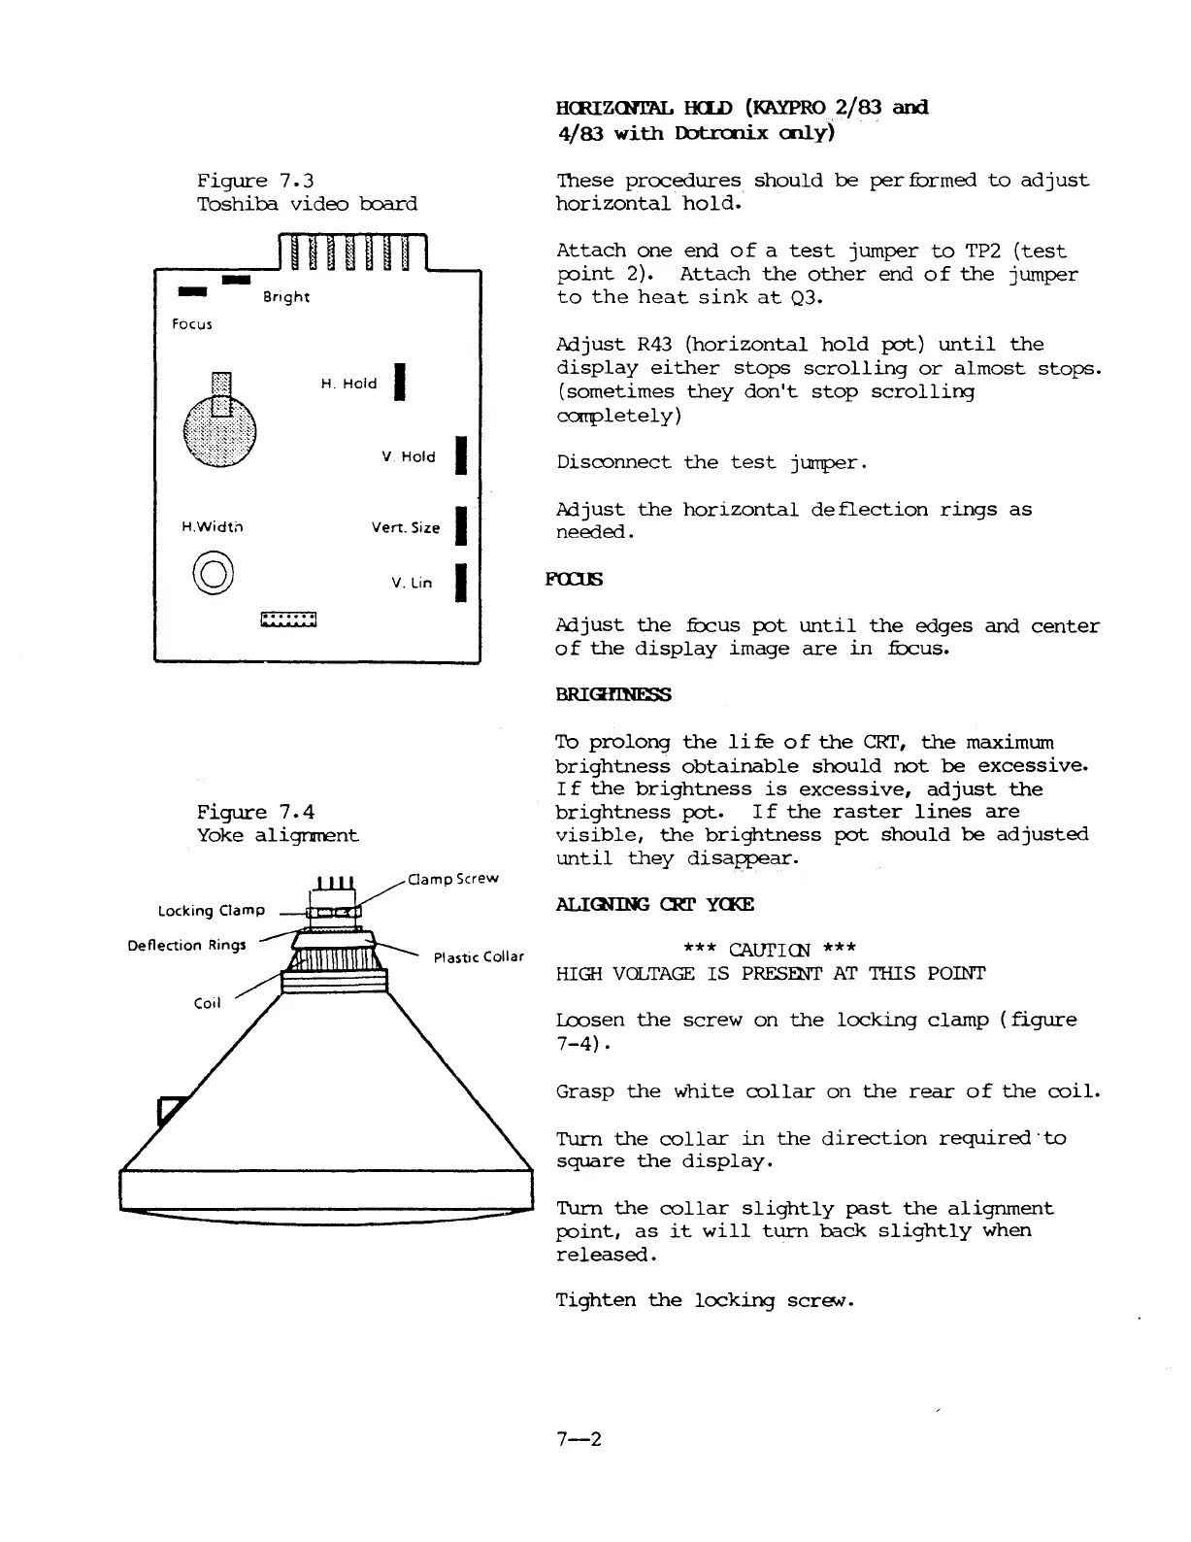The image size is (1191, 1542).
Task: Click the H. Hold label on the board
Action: [348, 384]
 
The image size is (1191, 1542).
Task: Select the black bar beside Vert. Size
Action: [462, 527]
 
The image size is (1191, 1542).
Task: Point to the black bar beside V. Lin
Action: [462, 583]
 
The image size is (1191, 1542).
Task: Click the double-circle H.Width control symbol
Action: [214, 571]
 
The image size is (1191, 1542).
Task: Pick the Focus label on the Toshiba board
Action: [191, 323]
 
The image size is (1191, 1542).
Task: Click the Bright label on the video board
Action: [285, 297]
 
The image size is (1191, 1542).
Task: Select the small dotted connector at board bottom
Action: [289, 620]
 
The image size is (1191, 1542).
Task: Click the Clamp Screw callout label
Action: [453, 879]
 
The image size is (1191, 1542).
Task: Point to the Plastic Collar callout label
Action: [479, 956]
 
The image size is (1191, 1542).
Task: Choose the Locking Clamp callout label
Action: [212, 910]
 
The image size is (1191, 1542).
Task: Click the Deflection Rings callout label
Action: [186, 945]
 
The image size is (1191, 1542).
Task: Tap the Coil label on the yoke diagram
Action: [208, 1003]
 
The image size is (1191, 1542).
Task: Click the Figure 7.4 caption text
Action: [255, 812]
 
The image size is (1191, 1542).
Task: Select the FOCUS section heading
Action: [576, 580]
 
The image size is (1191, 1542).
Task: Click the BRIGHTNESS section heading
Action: [613, 694]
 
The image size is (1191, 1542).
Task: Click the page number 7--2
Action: [579, 1438]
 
